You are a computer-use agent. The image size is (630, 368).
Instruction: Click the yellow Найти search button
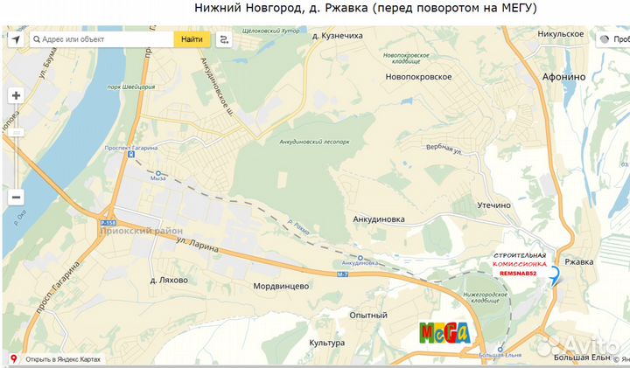pos(192,39)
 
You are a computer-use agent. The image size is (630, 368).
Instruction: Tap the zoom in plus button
pos(17,95)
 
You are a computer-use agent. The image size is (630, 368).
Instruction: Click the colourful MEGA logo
pos(444,332)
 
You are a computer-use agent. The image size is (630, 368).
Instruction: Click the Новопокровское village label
pos(418,77)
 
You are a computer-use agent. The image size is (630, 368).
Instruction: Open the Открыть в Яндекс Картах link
pos(62,359)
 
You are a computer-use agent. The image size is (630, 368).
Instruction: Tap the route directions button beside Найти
pos(225,39)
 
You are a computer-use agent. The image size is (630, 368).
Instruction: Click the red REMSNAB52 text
pos(522,274)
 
